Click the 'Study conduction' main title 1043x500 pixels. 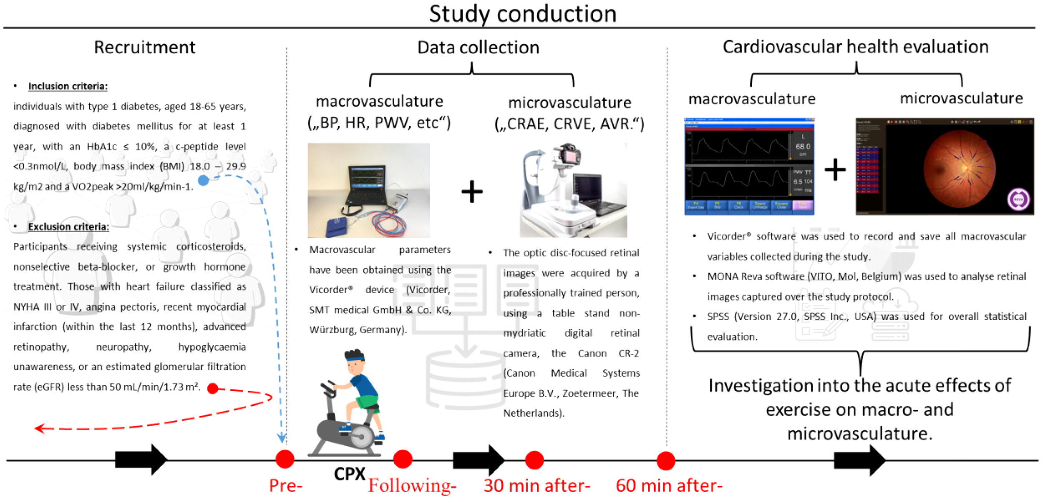(x=522, y=14)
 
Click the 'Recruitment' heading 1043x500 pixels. (x=144, y=47)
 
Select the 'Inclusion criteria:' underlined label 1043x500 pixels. (x=68, y=86)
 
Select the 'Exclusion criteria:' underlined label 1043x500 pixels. (x=68, y=227)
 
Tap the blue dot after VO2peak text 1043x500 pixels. (x=203, y=181)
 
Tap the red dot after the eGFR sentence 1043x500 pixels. (x=213, y=389)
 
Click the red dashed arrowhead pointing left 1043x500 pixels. (x=40, y=428)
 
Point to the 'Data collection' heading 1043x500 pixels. (x=478, y=47)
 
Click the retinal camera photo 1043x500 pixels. (x=573, y=191)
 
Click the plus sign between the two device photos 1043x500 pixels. (x=472, y=192)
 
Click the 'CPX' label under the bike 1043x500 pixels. (x=349, y=474)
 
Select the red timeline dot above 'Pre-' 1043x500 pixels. (x=285, y=459)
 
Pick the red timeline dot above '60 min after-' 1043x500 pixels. (x=665, y=460)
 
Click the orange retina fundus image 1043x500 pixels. (x=960, y=169)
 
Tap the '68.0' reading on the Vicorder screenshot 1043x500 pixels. (x=802, y=147)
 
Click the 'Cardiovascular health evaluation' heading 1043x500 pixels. (x=855, y=47)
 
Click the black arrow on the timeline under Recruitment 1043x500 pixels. (x=141, y=460)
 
